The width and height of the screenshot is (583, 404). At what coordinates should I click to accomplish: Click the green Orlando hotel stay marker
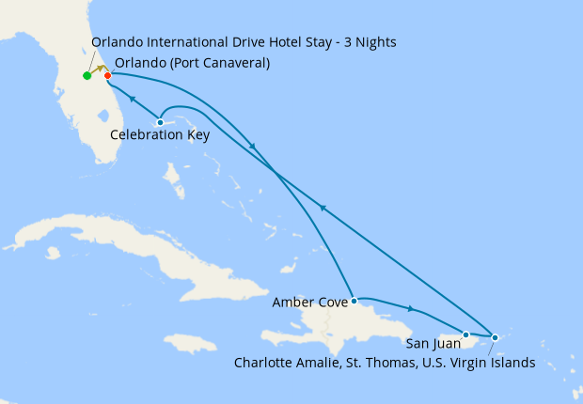click(87, 75)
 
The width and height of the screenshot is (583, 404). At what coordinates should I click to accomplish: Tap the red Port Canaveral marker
click(108, 75)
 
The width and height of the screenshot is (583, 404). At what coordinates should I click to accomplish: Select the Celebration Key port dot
click(161, 122)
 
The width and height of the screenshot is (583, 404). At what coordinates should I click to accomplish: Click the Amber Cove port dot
click(354, 302)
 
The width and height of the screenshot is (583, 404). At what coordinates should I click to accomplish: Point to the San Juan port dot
click(465, 334)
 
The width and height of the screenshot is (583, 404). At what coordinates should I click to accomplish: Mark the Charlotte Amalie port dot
click(496, 336)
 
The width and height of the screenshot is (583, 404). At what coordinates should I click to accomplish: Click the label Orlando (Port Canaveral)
click(192, 63)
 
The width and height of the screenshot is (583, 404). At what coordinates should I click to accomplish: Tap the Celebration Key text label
click(160, 135)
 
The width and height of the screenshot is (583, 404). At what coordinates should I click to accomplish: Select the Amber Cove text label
click(308, 303)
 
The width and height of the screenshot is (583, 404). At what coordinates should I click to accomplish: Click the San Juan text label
click(434, 344)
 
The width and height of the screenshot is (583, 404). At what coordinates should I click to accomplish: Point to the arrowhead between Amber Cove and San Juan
click(411, 308)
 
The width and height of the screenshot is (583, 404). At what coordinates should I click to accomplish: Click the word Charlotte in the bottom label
click(266, 362)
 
